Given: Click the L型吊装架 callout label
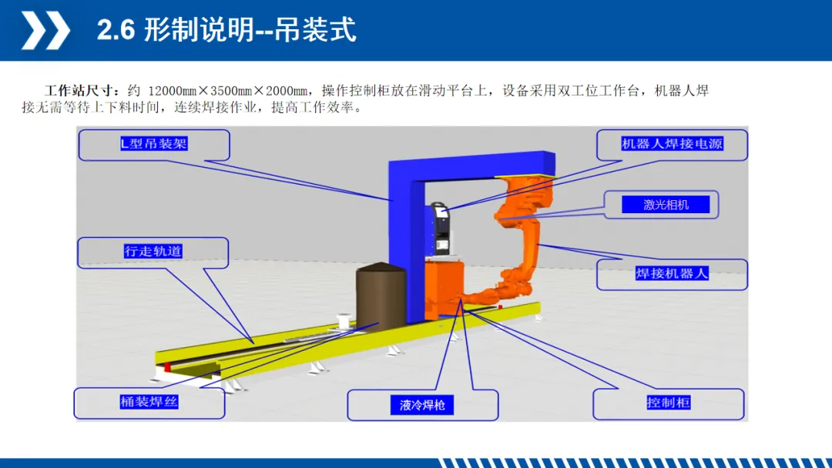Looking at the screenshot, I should (x=154, y=144).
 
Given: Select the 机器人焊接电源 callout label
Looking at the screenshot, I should (x=672, y=144).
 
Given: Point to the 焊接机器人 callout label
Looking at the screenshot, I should (x=672, y=273).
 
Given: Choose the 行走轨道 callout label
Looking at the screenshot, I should (x=153, y=251).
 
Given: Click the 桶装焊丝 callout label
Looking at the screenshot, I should (x=149, y=402).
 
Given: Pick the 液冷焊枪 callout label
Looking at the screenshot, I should (x=422, y=405).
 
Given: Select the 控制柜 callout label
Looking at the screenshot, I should (x=668, y=403).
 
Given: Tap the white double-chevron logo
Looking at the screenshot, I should (x=44, y=31).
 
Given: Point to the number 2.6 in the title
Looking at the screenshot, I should (x=116, y=31).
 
